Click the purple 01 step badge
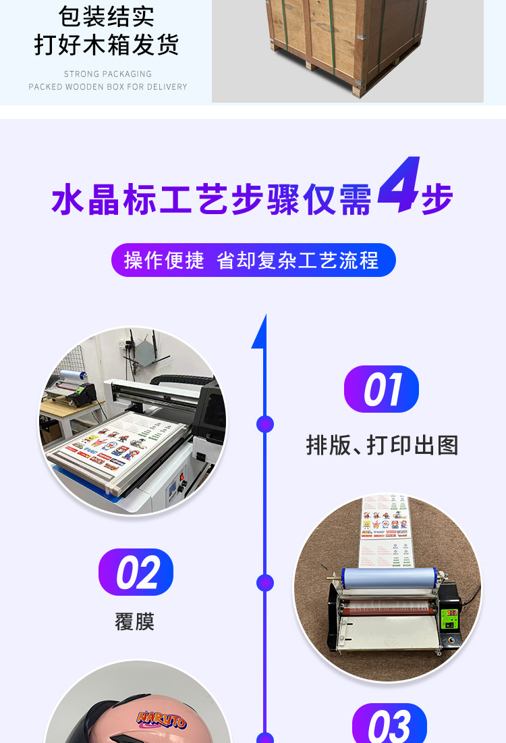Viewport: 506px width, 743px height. point(381,390)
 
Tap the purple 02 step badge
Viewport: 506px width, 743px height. point(136,573)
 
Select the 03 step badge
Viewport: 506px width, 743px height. point(389,724)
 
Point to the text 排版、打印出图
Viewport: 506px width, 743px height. point(382,445)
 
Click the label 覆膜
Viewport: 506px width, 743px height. point(135,621)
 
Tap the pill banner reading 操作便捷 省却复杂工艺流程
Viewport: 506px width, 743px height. point(253,260)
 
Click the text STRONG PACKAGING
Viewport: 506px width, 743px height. point(108,74)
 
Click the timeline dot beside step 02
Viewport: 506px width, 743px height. point(265,582)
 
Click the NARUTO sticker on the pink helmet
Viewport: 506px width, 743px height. point(162,719)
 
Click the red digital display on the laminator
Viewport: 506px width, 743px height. point(450,613)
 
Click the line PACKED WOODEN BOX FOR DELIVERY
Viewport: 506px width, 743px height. point(108,86)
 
